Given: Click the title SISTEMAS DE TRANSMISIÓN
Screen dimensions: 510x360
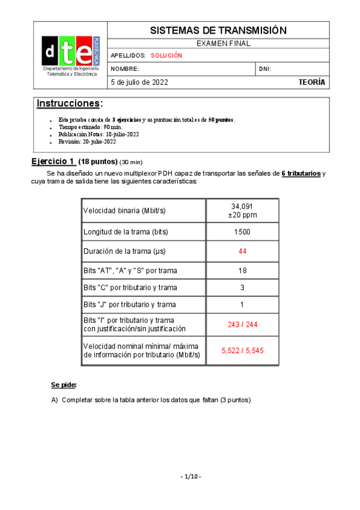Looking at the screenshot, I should point(218,31).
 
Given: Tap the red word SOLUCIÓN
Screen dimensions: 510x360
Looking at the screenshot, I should point(166,55).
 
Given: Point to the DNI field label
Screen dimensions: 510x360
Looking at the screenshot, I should point(265,69).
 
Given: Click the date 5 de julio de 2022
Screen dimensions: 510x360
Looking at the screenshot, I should point(139,82).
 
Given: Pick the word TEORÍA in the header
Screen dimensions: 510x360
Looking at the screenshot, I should point(312,82).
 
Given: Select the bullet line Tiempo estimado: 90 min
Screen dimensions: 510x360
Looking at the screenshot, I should point(90,127).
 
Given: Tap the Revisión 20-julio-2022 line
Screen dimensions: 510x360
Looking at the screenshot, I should point(87,142).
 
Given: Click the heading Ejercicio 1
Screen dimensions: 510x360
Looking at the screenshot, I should point(53,162).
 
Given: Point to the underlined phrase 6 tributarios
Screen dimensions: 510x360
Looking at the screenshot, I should point(301,174).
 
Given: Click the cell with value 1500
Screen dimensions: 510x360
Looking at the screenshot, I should point(242,232).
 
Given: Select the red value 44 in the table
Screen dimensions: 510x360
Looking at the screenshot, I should point(242,251).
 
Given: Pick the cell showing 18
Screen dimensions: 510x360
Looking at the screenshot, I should point(242,271).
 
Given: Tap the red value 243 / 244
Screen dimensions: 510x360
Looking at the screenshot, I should point(242,325).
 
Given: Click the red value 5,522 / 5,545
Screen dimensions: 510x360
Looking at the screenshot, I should point(242,351).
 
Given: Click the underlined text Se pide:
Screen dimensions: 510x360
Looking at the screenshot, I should point(64,384).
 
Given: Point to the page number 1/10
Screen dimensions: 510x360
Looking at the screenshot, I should point(191,477).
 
